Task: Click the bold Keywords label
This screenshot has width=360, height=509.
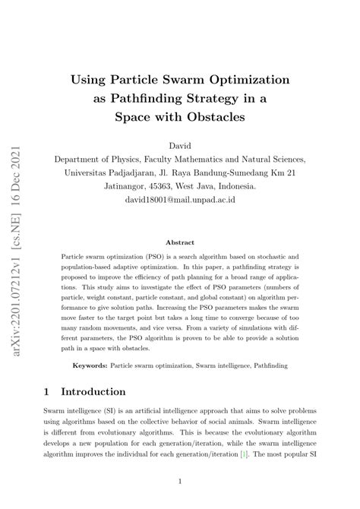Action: [88, 365]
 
